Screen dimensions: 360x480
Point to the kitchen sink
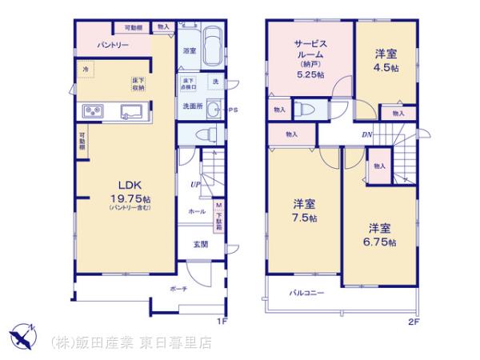131,110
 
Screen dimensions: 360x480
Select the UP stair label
194,186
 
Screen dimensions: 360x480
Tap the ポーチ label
178,289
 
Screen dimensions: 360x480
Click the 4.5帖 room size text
386,67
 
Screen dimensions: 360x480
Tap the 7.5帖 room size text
304,218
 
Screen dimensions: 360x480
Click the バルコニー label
306,294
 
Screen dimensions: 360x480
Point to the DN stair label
366,134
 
